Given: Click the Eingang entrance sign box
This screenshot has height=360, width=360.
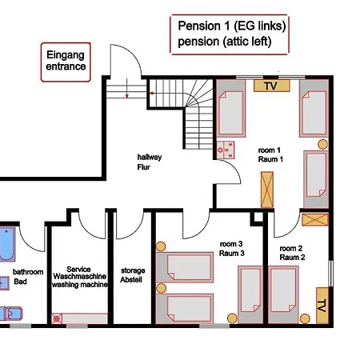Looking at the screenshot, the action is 66,62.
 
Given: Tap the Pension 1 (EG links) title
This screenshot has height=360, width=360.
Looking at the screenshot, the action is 232,26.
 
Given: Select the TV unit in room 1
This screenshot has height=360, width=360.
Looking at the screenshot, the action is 271,86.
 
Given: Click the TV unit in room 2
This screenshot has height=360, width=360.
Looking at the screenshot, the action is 322,306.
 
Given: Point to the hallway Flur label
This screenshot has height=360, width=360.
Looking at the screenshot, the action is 150,162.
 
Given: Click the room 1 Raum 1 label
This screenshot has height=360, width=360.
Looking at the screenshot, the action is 270,154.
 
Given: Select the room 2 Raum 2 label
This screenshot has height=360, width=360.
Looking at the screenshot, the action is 292,253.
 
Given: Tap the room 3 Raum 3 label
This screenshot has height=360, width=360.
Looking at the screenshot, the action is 232,249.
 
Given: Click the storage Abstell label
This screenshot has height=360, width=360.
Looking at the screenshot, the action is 133,275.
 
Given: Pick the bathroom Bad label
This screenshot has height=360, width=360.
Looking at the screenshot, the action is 28,277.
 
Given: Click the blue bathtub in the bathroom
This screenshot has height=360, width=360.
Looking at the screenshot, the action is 7,244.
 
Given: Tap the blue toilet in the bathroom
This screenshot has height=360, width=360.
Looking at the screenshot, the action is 11,314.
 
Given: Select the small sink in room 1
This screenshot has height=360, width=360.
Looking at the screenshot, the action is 226,150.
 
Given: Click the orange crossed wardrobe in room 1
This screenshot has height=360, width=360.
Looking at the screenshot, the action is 267,190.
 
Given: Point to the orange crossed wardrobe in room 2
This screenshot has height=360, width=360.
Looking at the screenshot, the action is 315,219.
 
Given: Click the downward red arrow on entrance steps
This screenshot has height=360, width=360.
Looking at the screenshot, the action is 127,88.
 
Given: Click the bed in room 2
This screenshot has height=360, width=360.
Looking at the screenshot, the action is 283,294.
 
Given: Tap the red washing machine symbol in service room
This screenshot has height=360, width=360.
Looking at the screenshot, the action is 57,318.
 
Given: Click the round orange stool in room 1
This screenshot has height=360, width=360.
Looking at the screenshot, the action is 322,144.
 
